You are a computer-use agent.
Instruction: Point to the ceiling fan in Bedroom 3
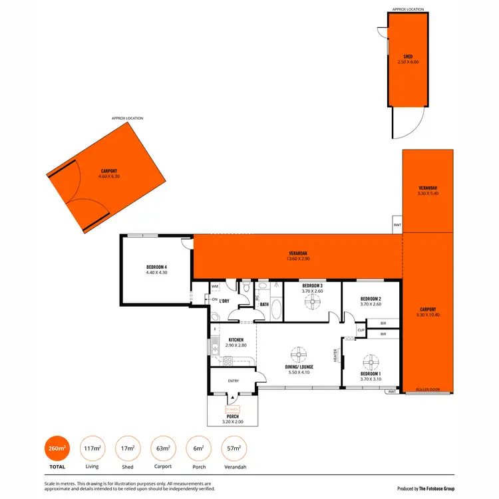(x=312, y=301)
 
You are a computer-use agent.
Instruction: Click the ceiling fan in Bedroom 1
(x=371, y=363)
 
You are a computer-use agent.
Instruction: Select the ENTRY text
(x=234, y=381)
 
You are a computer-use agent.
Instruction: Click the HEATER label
(x=335, y=357)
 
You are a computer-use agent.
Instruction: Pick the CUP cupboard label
(x=361, y=330)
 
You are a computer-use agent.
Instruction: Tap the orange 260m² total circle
(x=57, y=449)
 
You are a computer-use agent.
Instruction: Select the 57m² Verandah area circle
(x=232, y=449)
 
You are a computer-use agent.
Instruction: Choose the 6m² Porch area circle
(x=197, y=449)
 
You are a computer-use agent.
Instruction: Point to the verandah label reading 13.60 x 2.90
(x=298, y=255)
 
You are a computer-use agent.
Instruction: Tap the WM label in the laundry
(x=215, y=286)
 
